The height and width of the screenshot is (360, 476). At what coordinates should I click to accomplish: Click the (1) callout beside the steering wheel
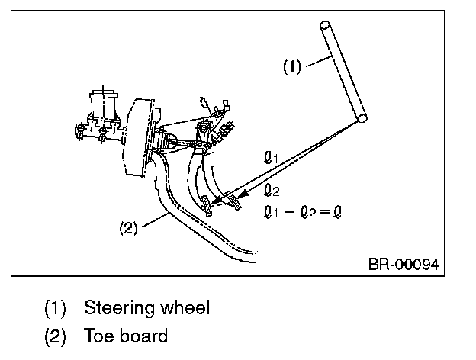pyautogui.click(x=292, y=66)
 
